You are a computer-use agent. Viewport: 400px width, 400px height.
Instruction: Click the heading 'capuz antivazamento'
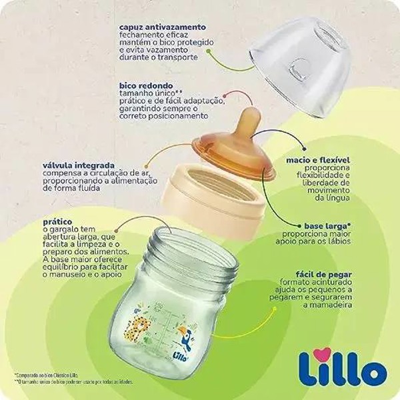point(163,27)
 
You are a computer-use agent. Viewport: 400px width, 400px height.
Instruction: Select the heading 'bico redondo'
point(146,86)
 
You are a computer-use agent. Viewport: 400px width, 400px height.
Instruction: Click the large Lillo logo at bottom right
point(337,359)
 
